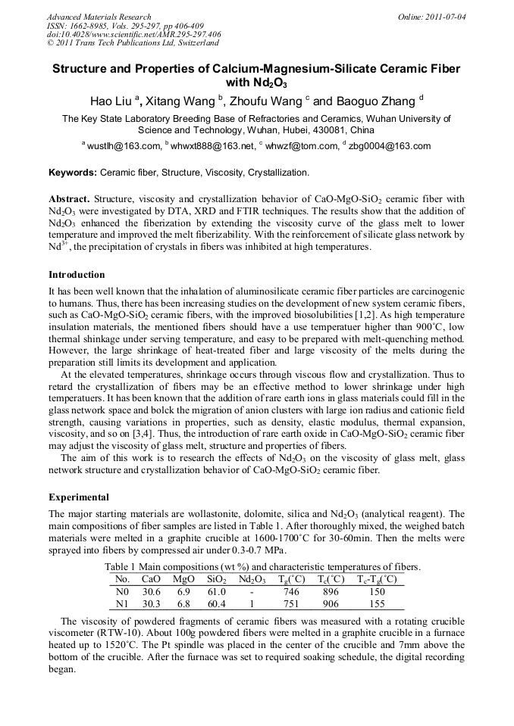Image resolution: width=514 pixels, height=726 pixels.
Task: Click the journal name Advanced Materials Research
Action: point(99,17)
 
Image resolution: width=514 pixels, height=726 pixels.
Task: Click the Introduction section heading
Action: point(77,274)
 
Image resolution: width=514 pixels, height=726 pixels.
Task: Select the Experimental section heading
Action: point(79,497)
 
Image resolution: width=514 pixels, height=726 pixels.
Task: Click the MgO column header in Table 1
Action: point(183,579)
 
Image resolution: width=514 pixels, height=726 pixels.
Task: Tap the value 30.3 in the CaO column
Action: point(152,603)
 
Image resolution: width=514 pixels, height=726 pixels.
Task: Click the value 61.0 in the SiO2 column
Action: point(216,591)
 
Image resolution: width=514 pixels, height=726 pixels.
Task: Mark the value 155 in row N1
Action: point(378,603)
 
